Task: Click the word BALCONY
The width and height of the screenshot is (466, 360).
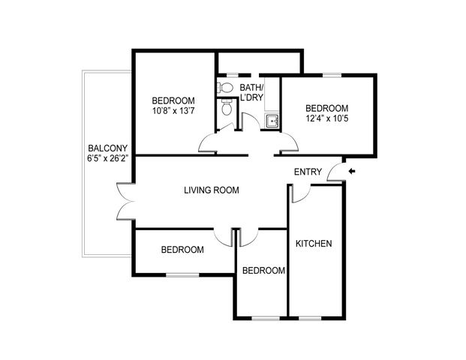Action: (108, 148)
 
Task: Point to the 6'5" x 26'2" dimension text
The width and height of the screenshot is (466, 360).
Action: (107, 158)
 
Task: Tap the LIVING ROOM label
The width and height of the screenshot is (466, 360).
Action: (212, 190)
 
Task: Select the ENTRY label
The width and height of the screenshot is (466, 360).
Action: (308, 172)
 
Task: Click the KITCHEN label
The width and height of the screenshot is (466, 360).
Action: (314, 244)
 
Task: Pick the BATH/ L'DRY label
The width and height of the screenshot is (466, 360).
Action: (251, 92)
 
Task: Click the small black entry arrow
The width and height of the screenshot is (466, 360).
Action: (352, 171)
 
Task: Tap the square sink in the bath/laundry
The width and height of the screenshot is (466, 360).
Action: (272, 121)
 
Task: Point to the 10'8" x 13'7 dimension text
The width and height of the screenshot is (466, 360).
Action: (173, 111)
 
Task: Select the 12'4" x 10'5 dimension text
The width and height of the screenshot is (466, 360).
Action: (327, 118)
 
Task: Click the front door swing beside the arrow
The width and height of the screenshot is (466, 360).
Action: (336, 172)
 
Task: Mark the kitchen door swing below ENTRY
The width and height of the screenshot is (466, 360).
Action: (301, 193)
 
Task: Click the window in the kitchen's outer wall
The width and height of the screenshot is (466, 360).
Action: (310, 318)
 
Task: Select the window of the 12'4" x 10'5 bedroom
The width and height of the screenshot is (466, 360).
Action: (332, 75)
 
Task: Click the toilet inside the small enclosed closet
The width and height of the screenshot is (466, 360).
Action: (227, 108)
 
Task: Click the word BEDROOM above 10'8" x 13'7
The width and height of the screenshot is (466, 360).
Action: (173, 100)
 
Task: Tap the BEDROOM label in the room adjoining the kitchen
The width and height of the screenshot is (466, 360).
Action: (263, 271)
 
